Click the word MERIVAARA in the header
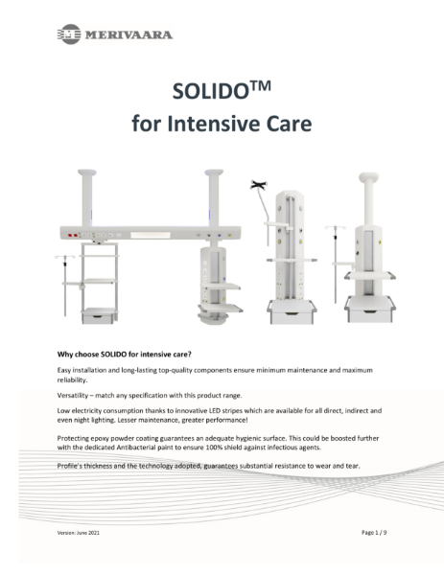pos(129,35)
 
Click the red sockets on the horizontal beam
pos(73,233)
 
